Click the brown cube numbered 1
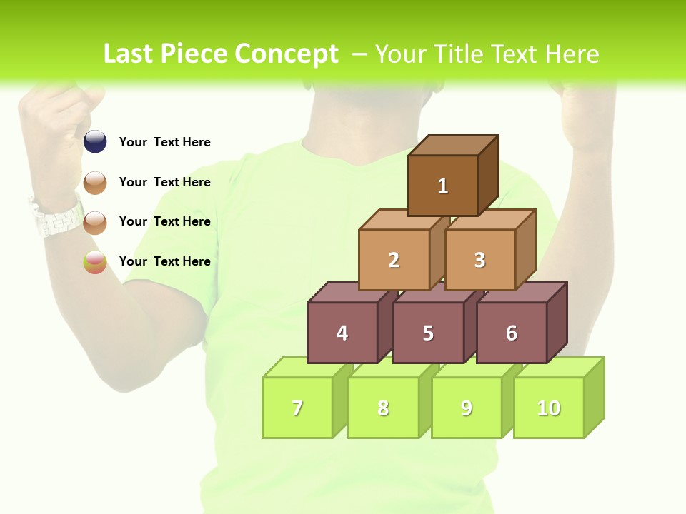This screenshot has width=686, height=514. point(443,186)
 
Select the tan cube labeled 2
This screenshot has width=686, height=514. point(394,260)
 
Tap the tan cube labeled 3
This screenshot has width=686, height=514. point(480,260)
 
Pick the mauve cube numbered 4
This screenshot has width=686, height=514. point(342,333)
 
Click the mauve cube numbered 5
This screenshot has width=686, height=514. point(428,333)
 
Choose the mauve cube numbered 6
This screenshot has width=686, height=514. point(512,333)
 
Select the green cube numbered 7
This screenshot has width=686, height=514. point(297,408)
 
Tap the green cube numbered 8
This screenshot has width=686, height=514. point(383,408)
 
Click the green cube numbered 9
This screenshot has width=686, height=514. point(467,408)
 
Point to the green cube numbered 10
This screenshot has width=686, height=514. point(549,408)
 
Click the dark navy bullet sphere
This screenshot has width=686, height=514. point(95,142)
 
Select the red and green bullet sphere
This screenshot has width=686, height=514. point(95,262)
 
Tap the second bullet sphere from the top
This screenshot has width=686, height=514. point(95,183)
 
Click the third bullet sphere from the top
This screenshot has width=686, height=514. point(95,222)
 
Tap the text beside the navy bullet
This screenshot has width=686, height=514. point(164,142)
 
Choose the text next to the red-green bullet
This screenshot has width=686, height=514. point(164,261)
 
